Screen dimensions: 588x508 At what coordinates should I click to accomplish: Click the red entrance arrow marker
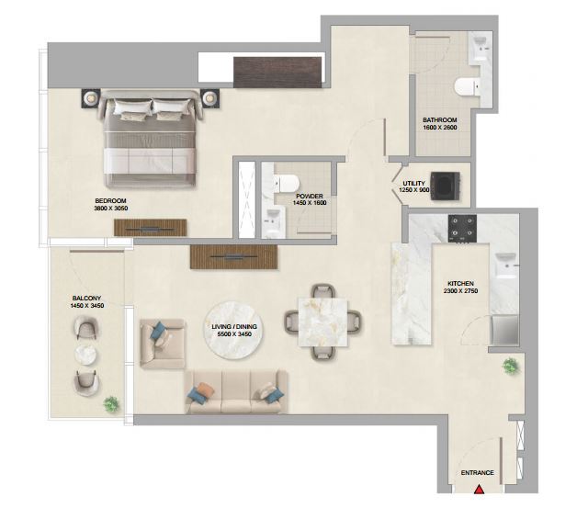(479, 490)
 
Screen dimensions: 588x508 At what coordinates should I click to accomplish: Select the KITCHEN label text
(460, 284)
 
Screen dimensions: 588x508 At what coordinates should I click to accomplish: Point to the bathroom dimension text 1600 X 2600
(440, 128)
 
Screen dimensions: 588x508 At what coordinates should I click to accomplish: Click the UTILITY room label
(414, 184)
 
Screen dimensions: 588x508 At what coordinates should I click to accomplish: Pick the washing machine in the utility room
(445, 186)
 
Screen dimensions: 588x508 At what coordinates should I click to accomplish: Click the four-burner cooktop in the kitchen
(462, 229)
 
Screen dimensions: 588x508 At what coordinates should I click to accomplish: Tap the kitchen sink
(505, 265)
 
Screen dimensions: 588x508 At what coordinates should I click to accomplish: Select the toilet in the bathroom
(468, 87)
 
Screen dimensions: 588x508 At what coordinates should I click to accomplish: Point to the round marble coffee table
(233, 331)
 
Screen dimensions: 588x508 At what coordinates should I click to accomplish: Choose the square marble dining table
(322, 322)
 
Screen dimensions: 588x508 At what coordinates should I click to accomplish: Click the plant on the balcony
(111, 404)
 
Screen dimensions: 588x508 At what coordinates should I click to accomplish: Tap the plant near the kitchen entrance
(511, 366)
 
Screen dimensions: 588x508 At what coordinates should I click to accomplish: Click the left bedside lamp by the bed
(90, 98)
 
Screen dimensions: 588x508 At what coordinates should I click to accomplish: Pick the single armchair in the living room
(163, 344)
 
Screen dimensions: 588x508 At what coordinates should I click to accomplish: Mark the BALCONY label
(86, 299)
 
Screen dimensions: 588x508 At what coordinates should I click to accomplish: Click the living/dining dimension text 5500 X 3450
(234, 334)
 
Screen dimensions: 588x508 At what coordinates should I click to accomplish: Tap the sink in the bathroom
(480, 48)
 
